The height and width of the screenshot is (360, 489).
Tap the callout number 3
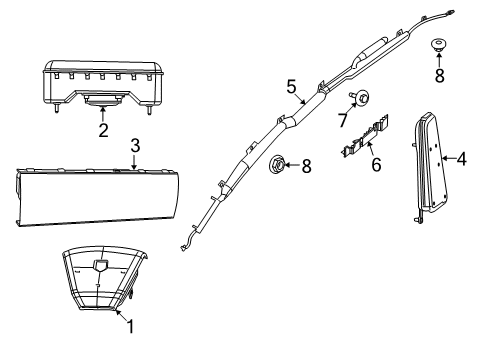(135, 146)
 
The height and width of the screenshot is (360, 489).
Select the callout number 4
(462, 158)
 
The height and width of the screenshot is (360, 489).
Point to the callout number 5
(291, 87)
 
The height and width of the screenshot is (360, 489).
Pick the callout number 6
(375, 163)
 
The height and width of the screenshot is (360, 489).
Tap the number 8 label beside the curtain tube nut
(306, 167)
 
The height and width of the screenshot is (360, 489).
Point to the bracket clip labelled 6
(363, 139)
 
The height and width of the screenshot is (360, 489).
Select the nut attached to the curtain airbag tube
(282, 165)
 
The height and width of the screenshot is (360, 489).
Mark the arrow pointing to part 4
(449, 158)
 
